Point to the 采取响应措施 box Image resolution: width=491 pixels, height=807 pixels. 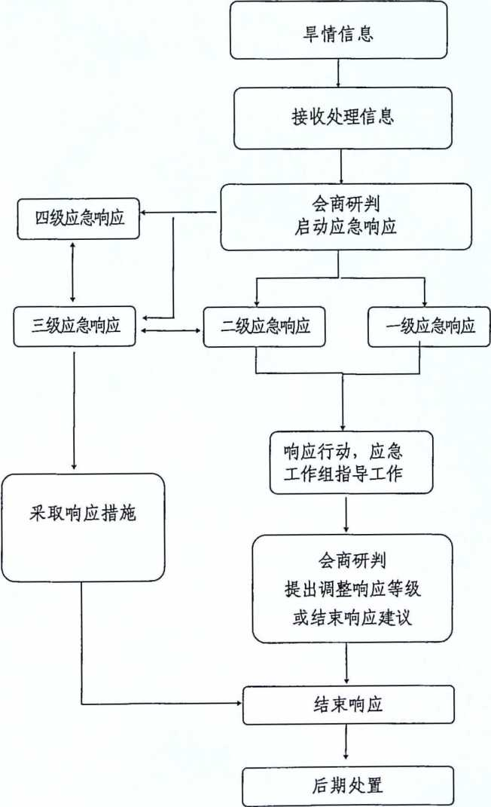click(x=82, y=517)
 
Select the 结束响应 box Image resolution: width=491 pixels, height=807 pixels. click(x=347, y=704)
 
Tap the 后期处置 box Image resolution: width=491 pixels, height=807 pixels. click(x=347, y=785)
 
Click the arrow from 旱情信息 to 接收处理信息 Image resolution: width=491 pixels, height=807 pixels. click(x=338, y=72)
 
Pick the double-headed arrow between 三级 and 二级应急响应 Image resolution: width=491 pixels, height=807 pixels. click(x=172, y=330)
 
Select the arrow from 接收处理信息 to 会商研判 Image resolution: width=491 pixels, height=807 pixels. click(x=341, y=166)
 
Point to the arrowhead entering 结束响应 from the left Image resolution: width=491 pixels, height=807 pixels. click(x=237, y=704)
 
